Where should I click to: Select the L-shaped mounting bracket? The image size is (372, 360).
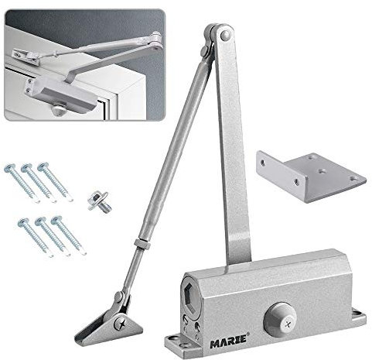[311, 177]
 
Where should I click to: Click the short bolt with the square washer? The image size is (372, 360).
[100, 201]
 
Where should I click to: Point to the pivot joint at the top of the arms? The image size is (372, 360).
[218, 36]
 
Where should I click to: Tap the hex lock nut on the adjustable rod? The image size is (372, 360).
[139, 243]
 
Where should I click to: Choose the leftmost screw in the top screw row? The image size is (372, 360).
[22, 183]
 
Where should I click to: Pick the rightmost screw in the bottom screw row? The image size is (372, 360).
[69, 235]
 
